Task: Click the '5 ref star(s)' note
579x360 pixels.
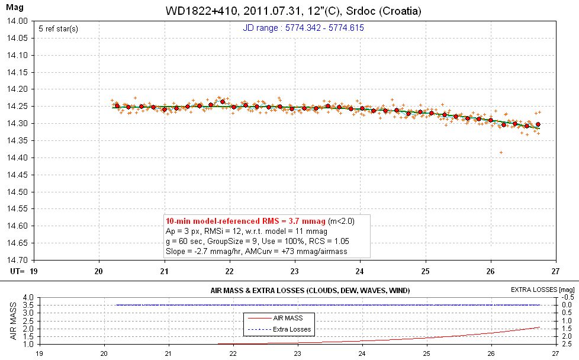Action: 58,28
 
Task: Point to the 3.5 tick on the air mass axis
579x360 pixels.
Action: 26,305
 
